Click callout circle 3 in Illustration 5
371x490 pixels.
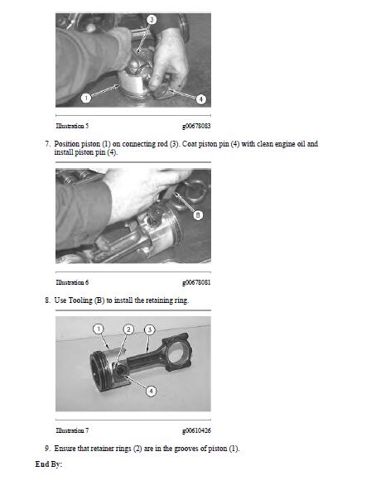152,20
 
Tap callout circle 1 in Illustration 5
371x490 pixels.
86,98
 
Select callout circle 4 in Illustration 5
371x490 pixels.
201,99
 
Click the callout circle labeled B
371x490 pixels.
198,215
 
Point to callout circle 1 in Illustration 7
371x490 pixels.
99,329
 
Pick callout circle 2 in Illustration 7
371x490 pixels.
128,329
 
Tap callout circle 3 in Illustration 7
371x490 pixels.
150,329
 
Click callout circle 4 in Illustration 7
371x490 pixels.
152,391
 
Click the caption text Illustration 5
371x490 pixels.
72,126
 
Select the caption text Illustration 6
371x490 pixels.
72,282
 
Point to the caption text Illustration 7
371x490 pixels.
72,430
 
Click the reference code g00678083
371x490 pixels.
196,126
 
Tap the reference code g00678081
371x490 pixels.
196,282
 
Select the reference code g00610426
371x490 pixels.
196,430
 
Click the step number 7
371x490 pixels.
47,144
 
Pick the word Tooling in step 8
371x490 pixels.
80,300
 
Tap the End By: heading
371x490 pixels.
49,464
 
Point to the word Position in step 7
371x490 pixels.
66,144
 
